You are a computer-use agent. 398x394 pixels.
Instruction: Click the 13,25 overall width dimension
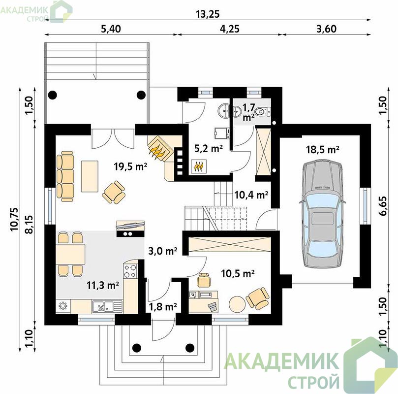point(208,14)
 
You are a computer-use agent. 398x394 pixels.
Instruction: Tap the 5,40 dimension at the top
point(111,29)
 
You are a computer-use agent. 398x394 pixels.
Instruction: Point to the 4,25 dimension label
point(230,29)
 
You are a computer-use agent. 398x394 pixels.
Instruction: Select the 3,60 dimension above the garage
point(327,29)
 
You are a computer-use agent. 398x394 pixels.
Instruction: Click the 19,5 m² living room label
point(130,166)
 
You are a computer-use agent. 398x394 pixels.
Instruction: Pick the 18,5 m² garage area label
point(323,150)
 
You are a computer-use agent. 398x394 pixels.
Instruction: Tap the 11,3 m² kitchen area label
point(103,285)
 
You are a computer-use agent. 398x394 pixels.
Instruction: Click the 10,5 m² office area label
point(238,274)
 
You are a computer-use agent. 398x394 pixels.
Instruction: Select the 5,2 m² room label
point(209,148)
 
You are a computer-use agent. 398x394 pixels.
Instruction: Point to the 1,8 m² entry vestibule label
point(163,307)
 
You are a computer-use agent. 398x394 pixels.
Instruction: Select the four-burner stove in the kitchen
point(130,271)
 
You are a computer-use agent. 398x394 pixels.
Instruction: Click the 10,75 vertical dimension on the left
point(14,219)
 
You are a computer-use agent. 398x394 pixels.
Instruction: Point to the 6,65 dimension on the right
point(383,206)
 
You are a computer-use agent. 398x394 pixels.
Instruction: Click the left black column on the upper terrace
point(53,95)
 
